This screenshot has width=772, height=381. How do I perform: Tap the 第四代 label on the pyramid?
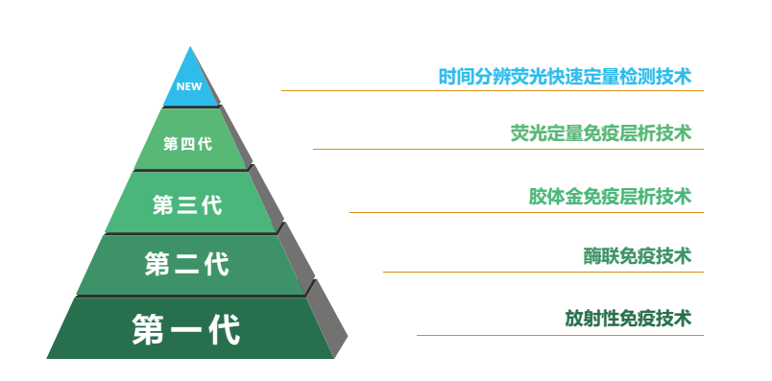coord(187,144)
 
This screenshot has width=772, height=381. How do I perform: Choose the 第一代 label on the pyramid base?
coord(186,329)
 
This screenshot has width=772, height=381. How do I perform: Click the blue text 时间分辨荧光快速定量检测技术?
coord(565,76)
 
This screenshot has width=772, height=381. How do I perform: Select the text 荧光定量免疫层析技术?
coord(600,133)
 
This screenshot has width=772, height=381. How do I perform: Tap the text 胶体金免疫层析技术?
coord(610,196)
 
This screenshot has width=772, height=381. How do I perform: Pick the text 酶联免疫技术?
coord(638,256)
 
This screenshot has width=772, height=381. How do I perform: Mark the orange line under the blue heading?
coord(492,91)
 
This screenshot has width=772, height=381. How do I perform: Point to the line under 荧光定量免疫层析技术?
coord(508,150)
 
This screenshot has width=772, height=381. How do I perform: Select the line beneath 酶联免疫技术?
coord(543,272)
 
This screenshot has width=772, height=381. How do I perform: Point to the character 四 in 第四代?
coord(187,144)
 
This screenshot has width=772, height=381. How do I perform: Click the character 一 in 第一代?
coord(186,329)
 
